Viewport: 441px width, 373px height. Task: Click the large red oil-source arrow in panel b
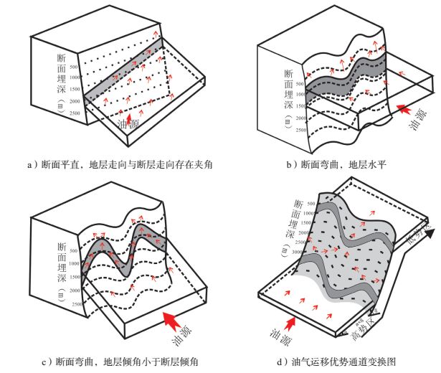(406, 110)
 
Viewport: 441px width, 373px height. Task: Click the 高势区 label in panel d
(362, 327)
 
